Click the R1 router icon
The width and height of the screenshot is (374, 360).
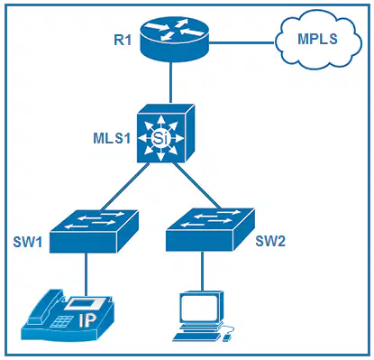click(174, 39)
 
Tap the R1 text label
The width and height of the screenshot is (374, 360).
click(123, 40)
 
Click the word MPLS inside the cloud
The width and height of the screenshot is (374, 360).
click(317, 40)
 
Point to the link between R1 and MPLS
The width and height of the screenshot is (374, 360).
click(242, 42)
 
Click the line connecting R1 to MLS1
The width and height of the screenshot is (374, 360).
click(171, 83)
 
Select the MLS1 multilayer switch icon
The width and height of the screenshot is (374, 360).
click(166, 134)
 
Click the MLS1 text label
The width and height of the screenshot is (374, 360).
click(112, 138)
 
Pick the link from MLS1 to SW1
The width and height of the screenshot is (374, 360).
click(125, 187)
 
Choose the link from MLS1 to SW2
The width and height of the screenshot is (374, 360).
click(196, 186)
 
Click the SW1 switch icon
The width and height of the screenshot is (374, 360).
click(94, 231)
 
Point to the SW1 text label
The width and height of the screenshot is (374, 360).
click(28, 242)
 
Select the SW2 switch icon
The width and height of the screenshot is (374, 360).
click(210, 229)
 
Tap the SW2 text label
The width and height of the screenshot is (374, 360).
click(270, 241)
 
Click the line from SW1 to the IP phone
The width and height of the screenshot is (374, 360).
click(87, 274)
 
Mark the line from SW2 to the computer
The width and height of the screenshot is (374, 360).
click(202, 271)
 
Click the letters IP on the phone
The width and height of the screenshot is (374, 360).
click(87, 320)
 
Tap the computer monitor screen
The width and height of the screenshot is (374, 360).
click(198, 308)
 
